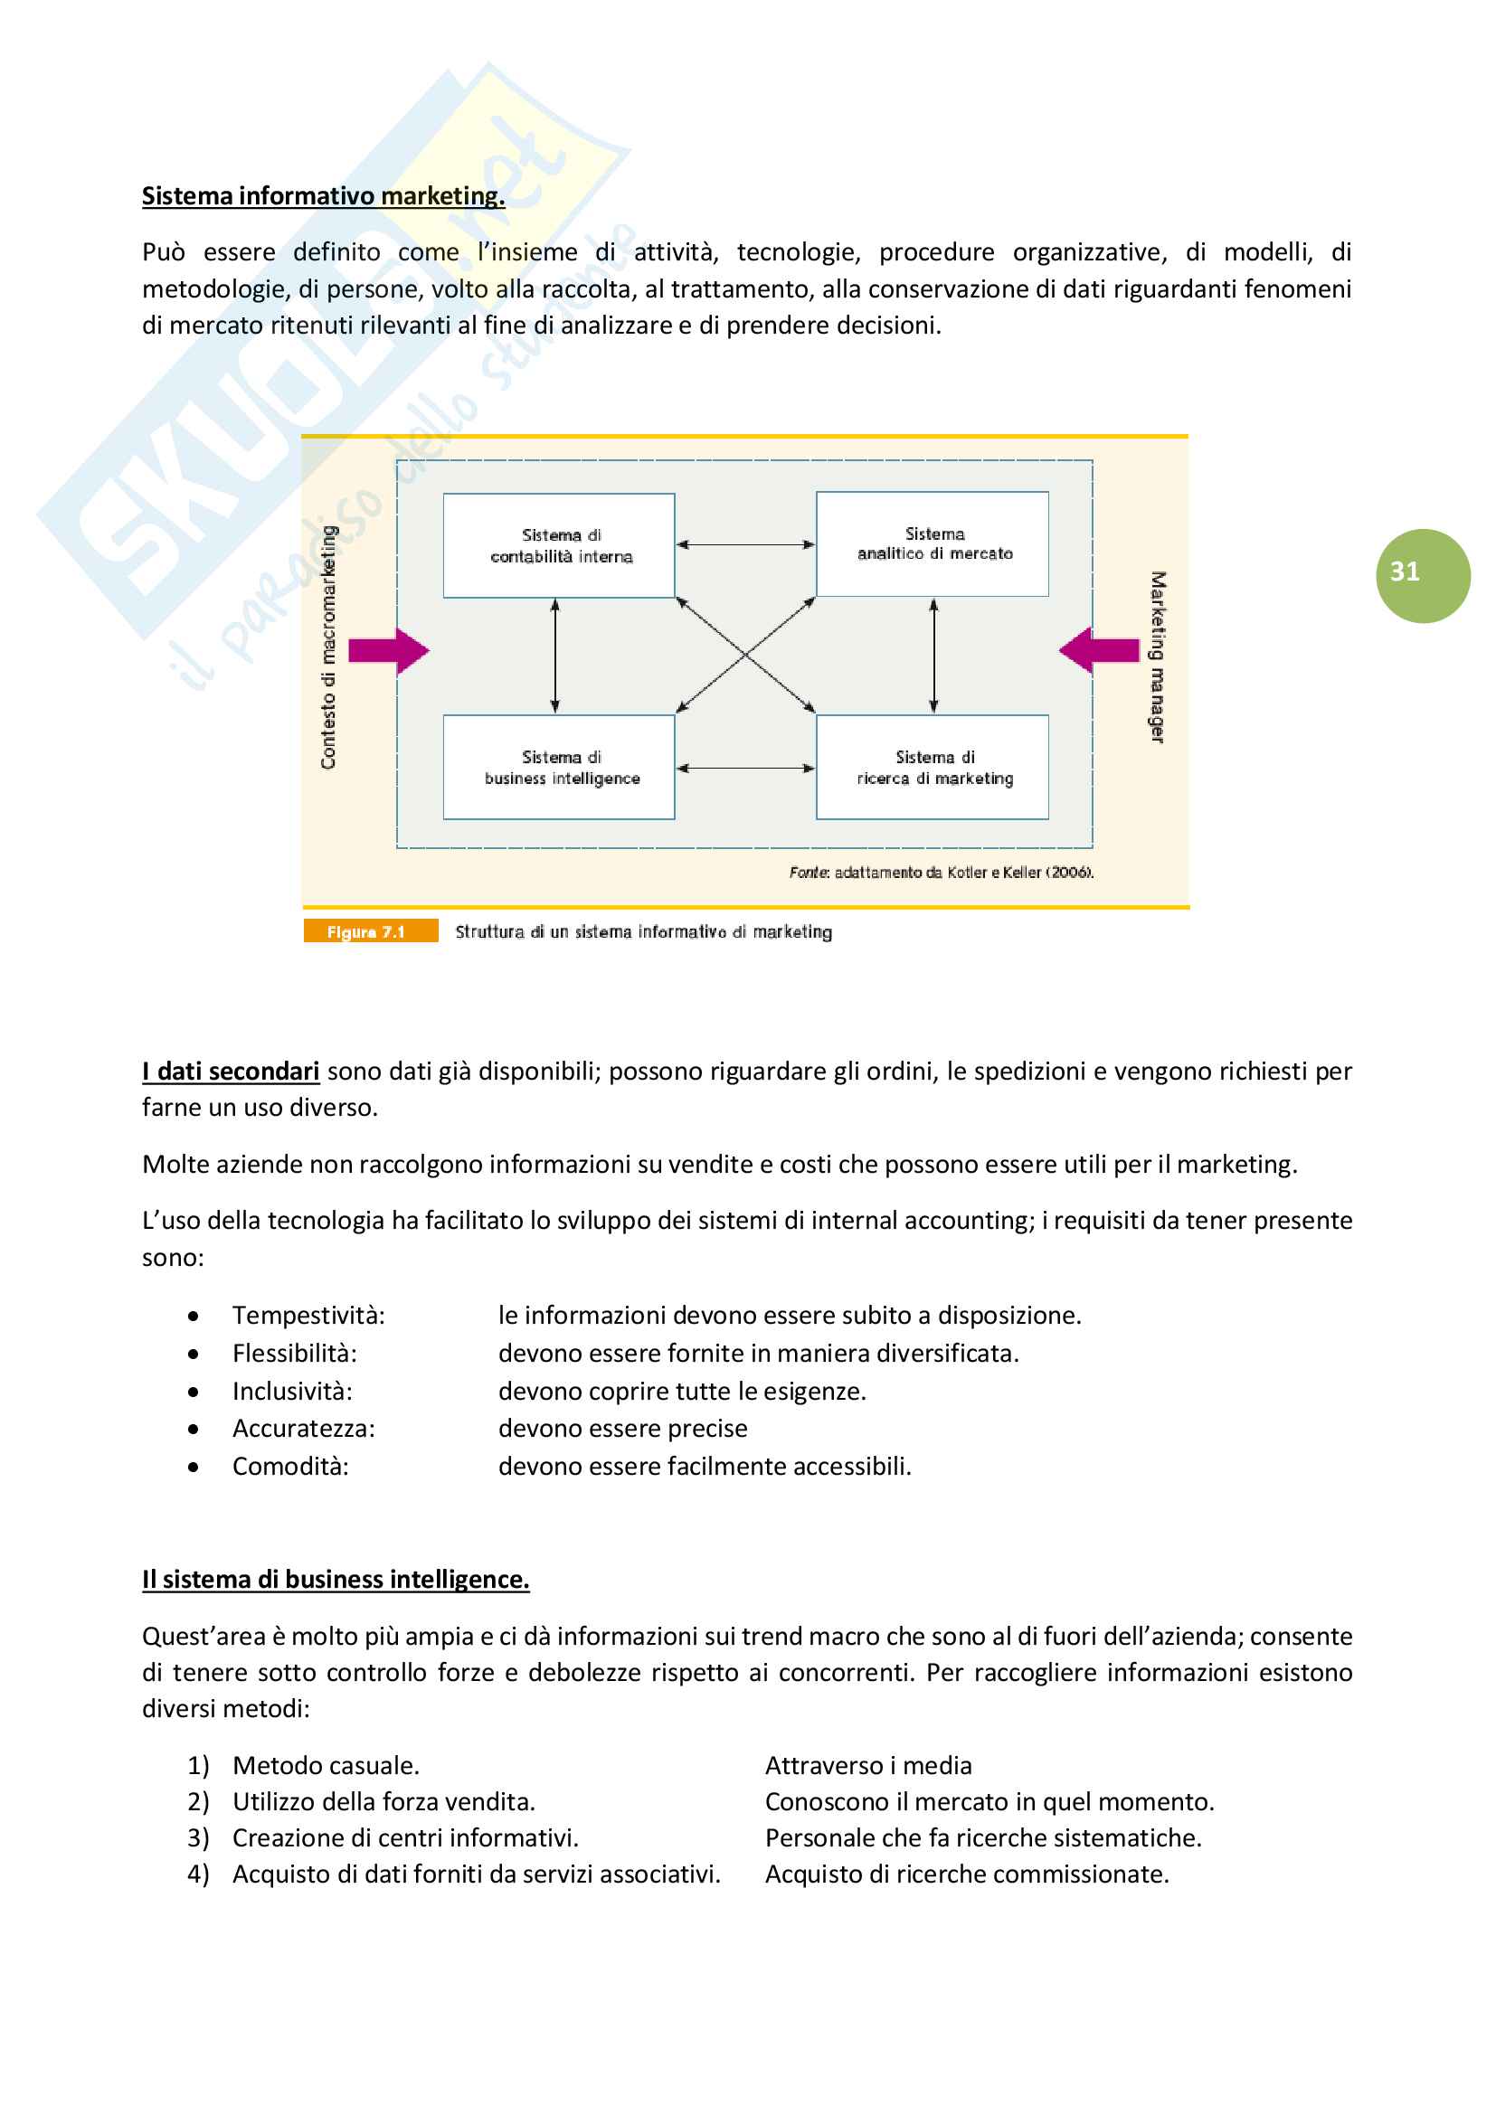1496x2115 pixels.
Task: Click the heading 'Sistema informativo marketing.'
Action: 322,196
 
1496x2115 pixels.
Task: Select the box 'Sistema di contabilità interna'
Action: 559,545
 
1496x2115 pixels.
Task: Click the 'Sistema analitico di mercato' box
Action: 933,543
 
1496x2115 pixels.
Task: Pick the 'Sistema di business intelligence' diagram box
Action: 559,768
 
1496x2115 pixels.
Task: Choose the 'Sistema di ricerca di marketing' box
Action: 933,768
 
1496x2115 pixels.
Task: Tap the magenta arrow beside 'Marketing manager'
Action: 1099,650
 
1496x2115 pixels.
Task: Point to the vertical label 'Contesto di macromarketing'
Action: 329,647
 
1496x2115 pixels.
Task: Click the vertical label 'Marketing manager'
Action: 1157,656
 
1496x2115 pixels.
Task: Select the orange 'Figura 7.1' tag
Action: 369,931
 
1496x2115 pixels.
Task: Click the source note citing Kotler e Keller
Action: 941,873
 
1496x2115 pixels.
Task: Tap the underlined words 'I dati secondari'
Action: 231,1072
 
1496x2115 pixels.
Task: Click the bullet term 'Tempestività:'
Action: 308,1316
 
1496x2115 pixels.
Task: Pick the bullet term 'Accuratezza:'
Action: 303,1429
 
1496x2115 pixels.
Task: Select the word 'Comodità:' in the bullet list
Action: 290,1467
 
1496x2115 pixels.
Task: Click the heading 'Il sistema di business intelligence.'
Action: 336,1580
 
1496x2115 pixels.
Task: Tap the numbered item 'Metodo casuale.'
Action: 326,1766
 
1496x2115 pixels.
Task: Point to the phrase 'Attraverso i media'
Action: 867,1766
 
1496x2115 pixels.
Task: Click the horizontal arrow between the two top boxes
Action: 745,544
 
